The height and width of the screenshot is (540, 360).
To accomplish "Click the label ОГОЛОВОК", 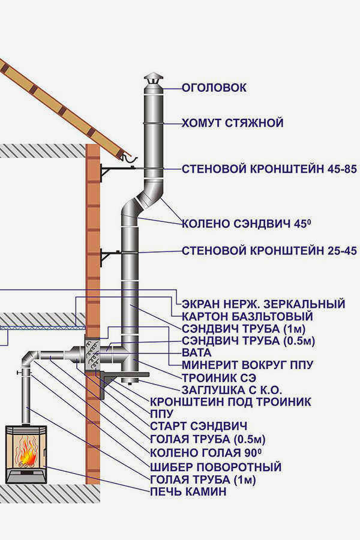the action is [x=214, y=88].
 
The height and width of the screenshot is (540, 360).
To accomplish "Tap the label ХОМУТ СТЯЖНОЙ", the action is [x=233, y=123].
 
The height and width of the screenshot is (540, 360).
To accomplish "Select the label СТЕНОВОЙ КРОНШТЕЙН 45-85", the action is [x=269, y=169].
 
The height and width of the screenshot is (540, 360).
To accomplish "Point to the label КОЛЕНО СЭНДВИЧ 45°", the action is [x=247, y=224].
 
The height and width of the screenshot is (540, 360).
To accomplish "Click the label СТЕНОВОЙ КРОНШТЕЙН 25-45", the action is [x=269, y=250].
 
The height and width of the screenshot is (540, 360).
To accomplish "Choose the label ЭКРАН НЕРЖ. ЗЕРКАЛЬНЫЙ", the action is [x=263, y=304].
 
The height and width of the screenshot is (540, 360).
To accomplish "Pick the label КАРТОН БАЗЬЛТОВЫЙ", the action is [x=247, y=316].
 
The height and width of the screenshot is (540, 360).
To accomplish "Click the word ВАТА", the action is [x=196, y=353].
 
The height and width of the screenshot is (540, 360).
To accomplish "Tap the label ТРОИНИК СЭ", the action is [x=219, y=377].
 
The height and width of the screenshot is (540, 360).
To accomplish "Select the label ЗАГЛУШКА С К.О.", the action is [x=232, y=390].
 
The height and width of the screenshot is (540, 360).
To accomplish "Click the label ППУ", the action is [x=161, y=413].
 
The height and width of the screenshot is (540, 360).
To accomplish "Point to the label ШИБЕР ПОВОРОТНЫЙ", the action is [x=215, y=467].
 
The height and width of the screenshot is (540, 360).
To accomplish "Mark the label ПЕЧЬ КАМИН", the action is [x=188, y=491].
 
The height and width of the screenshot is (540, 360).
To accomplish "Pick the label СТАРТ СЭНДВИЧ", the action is [x=199, y=425].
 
